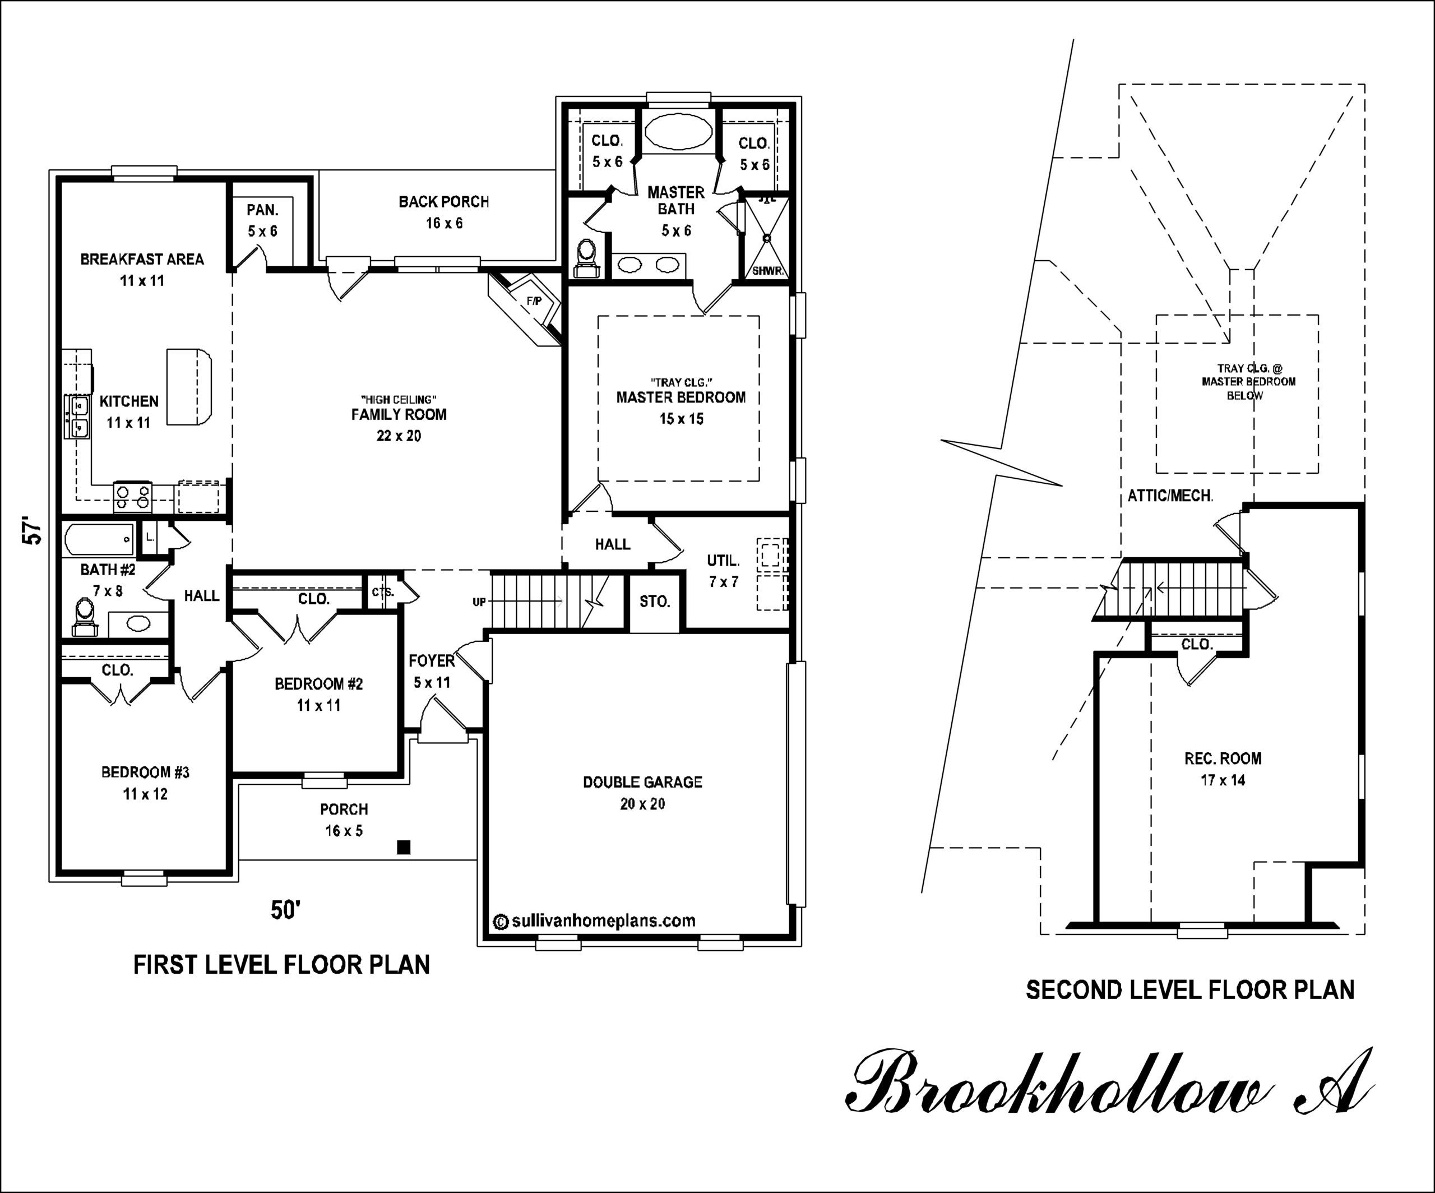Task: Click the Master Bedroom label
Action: click(x=681, y=397)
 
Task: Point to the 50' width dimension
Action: click(x=286, y=910)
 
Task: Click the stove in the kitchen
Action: click(x=132, y=496)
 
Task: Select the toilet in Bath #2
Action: click(x=85, y=617)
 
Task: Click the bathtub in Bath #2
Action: click(x=99, y=540)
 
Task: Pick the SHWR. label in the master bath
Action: click(x=767, y=271)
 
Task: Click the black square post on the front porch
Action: click(x=404, y=847)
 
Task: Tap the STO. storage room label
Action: click(x=654, y=602)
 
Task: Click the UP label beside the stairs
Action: click(x=479, y=602)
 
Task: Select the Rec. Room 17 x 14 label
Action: click(x=1223, y=769)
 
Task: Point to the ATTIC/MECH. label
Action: click(x=1170, y=496)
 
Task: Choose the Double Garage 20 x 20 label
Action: click(x=642, y=793)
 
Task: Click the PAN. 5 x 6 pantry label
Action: click(x=262, y=220)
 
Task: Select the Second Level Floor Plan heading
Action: click(x=1189, y=990)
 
